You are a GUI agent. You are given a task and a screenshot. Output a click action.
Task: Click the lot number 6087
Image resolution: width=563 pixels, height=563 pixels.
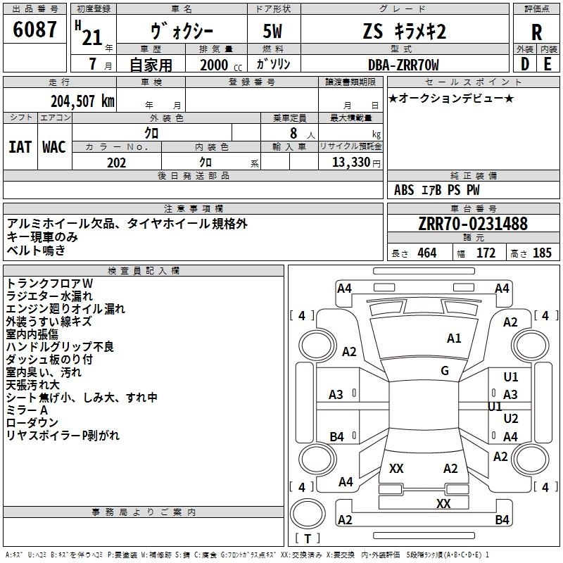pos(35,30)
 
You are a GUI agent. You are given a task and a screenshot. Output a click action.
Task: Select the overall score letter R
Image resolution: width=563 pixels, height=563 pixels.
pos(536,32)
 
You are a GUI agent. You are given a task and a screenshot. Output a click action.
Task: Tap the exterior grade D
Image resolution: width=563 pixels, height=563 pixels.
pos(524,63)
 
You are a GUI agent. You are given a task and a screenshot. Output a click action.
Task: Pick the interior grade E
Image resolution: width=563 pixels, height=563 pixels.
pos(548,63)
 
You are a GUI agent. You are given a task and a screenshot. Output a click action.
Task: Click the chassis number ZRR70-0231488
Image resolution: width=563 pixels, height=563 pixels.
pos(472,224)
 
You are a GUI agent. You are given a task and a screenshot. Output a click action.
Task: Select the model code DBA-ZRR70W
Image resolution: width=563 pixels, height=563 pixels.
pos(403,65)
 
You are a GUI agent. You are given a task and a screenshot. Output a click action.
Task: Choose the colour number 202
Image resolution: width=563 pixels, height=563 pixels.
pos(116,163)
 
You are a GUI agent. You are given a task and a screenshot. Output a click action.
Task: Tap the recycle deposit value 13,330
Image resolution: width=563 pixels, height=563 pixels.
pos(352,163)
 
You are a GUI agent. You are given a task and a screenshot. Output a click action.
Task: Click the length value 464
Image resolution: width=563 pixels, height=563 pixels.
pos(426,253)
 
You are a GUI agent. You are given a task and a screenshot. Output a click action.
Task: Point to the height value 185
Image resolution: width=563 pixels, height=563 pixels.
pos(542,253)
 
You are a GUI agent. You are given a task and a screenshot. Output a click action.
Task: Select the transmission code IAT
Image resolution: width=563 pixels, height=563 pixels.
pos(20,147)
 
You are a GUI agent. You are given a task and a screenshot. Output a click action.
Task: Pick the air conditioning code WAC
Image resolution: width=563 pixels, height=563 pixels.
pos(53,147)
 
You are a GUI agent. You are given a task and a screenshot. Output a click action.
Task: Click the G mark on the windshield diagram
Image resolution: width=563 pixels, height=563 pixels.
pos(445,370)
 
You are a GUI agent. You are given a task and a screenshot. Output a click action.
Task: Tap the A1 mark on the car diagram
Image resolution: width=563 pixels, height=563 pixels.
pos(454,339)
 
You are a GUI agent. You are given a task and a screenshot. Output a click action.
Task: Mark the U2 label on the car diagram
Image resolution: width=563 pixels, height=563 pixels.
pos(511,418)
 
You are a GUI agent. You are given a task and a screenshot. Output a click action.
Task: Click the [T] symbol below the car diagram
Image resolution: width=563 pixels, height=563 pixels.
pos(307,539)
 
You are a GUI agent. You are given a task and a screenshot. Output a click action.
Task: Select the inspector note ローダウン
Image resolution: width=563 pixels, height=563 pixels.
pos(32,423)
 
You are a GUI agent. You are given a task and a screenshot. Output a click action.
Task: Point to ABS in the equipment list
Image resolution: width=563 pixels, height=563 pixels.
pos(404,190)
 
